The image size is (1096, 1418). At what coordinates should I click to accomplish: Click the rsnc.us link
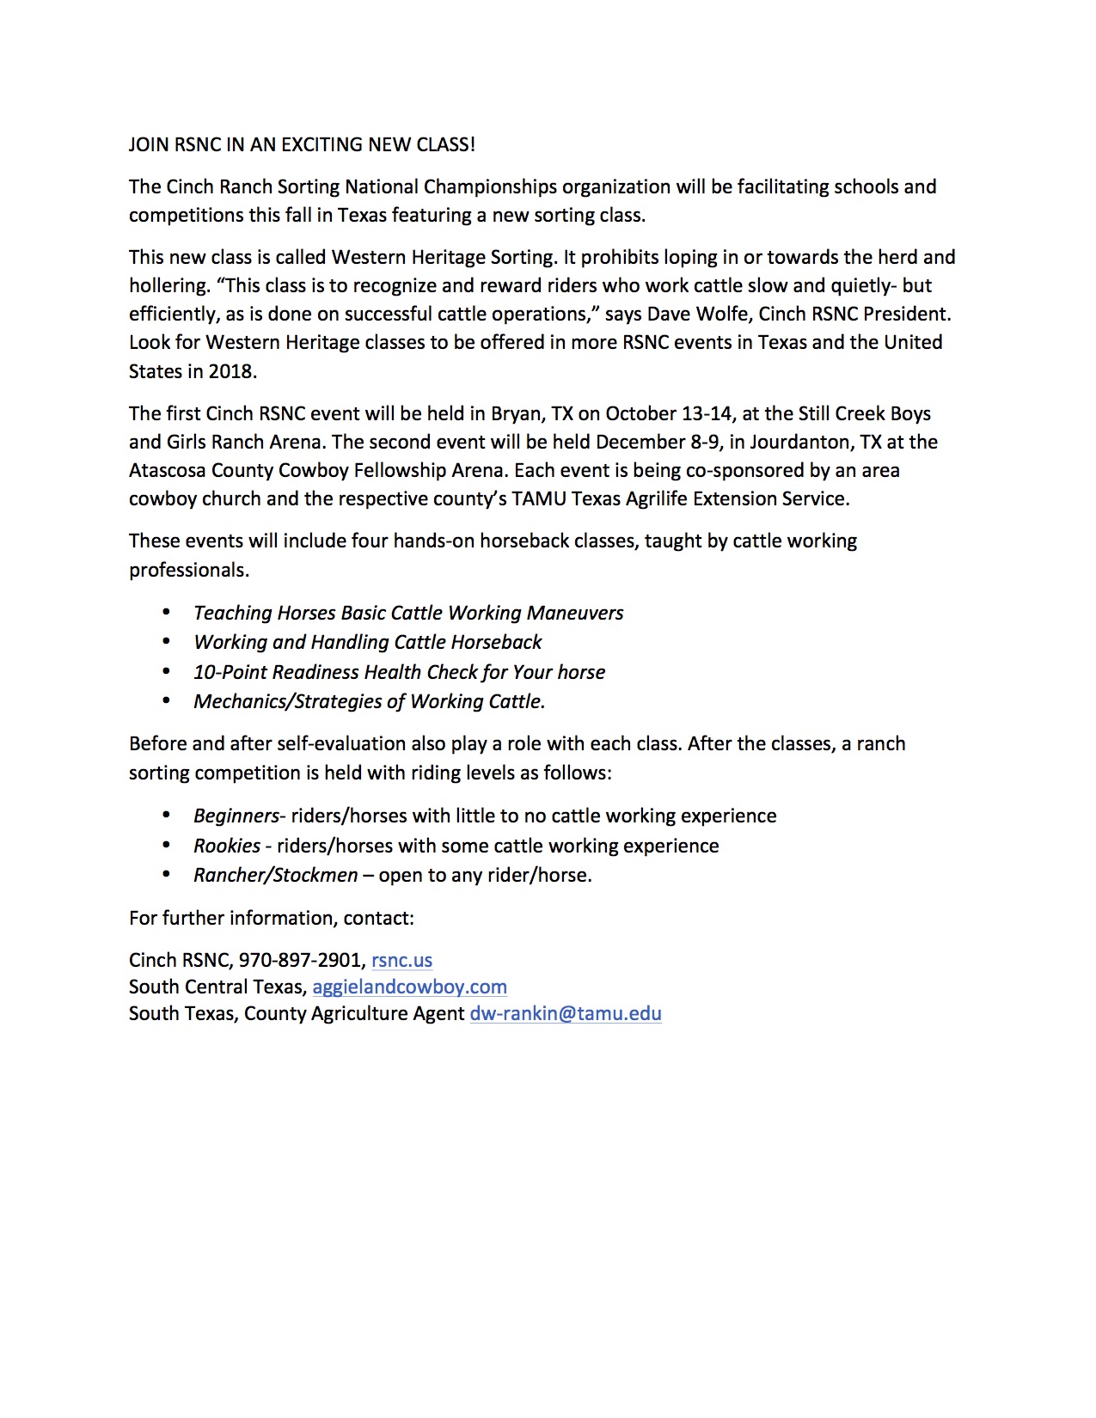coord(401,960)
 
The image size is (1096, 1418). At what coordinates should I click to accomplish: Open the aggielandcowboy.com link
coord(409,987)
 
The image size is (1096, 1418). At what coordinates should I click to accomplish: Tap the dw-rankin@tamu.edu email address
coord(566,1013)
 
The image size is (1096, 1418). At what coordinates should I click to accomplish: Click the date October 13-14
coord(669,413)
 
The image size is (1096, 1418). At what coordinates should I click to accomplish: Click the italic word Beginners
coord(236,816)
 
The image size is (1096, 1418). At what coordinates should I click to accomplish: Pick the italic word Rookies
coord(227,846)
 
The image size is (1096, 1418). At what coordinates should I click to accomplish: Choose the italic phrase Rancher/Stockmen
coord(275,875)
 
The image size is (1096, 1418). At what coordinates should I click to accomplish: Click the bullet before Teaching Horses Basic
coord(166,613)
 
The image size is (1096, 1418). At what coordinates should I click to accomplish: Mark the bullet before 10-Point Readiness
coord(166,672)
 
